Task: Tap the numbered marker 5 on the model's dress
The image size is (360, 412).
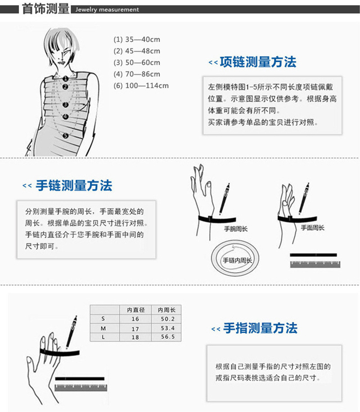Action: [66, 135]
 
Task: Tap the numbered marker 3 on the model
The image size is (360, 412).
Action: [66, 104]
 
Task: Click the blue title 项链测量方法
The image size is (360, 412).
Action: [258, 63]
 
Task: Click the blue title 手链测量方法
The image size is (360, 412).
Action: [74, 185]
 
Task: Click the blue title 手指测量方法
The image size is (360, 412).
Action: [260, 328]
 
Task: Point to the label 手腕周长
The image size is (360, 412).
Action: [236, 229]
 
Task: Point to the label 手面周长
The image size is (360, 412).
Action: [312, 228]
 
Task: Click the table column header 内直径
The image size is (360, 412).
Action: [135, 310]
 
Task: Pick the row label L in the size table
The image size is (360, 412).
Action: [104, 337]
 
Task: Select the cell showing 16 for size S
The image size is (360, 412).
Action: [135, 319]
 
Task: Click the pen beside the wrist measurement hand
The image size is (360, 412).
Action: [224, 198]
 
